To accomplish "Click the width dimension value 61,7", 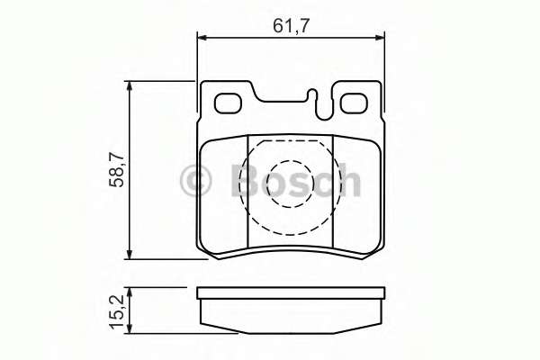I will coord(292,26).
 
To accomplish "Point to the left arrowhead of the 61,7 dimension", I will coord(202,37).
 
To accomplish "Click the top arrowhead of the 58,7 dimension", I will coord(132,86).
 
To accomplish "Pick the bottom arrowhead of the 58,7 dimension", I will coord(132,255).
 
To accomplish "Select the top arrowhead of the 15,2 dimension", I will coord(132,292).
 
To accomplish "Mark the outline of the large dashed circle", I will coord(248,184).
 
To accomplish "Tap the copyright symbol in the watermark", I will coord(194,182).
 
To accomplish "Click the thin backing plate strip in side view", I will coord(291,293).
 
